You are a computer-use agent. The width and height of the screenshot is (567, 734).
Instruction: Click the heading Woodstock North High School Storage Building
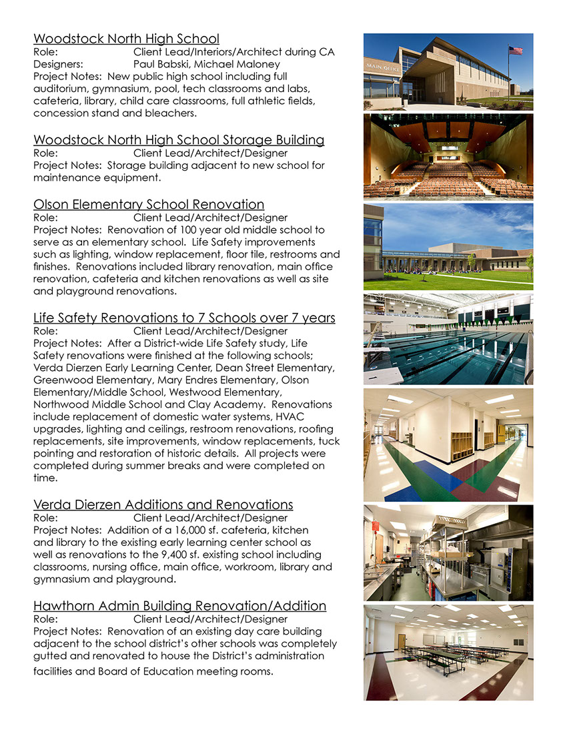tap(179, 140)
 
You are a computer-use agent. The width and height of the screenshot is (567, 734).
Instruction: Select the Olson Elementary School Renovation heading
tap(149, 204)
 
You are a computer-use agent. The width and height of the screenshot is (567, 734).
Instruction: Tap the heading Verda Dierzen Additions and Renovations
tap(163, 504)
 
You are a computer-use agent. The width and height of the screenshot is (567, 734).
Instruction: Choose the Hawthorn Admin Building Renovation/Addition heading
tap(179, 606)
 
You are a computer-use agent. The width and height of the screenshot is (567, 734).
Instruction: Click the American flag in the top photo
tap(515, 50)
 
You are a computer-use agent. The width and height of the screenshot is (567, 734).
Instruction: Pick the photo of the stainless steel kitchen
tap(448, 553)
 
